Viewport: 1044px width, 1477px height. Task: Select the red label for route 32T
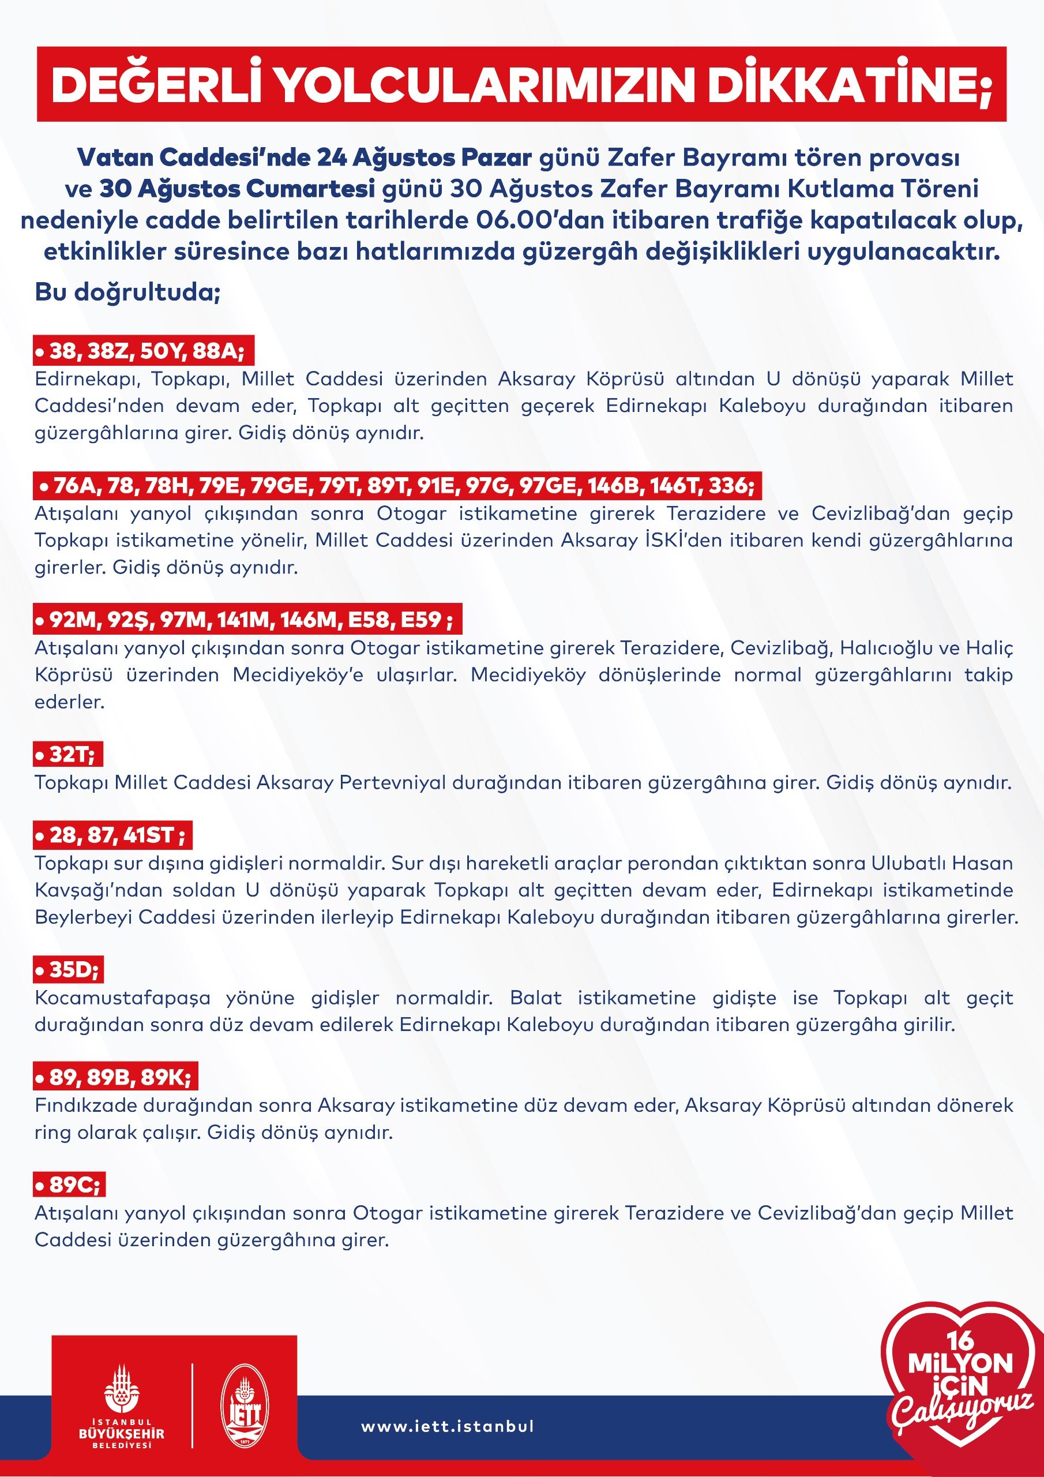pyautogui.click(x=68, y=754)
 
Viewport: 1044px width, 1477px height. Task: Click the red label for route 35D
pyautogui.click(x=68, y=969)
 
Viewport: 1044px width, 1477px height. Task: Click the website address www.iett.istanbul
pyautogui.click(x=448, y=1426)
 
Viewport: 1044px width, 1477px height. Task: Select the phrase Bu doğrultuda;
pyautogui.click(x=127, y=292)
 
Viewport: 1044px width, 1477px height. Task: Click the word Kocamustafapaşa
pyautogui.click(x=122, y=998)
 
